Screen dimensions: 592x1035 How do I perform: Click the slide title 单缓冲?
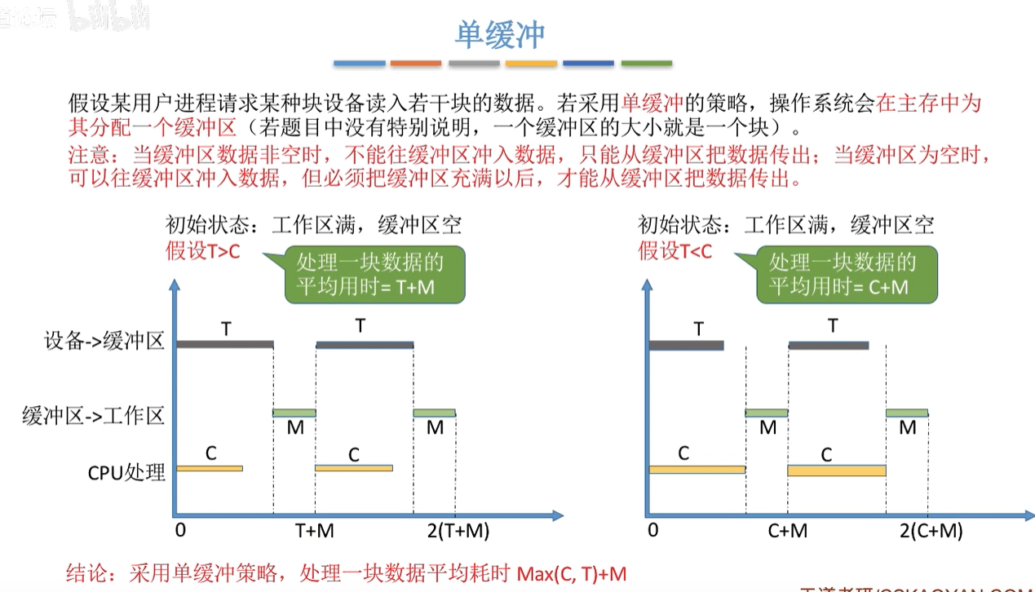[x=499, y=34]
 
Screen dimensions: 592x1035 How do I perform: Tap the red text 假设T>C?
[x=203, y=251]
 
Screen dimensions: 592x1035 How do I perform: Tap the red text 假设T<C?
[x=675, y=251]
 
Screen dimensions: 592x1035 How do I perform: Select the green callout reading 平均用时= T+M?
[x=374, y=274]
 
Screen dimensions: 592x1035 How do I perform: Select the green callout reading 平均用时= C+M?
[x=846, y=274]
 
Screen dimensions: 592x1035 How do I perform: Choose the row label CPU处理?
[x=126, y=472]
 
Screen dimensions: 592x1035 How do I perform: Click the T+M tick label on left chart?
[x=315, y=532]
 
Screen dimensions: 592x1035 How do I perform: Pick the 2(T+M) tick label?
[x=458, y=532]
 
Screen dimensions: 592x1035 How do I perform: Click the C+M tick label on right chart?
[x=787, y=532]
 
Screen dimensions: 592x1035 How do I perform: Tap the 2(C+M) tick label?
[x=931, y=532]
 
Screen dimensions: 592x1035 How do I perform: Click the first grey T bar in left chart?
[x=224, y=344]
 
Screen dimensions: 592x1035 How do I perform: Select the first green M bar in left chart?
[x=294, y=413]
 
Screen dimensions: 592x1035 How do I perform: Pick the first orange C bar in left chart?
[x=210, y=468]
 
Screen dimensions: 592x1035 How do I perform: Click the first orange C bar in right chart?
[x=697, y=469]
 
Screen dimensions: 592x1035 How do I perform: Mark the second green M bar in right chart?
[x=907, y=413]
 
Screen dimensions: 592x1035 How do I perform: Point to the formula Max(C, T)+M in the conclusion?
[x=572, y=573]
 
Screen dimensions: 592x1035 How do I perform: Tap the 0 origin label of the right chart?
[x=652, y=532]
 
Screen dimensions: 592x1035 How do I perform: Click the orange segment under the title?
[x=416, y=63]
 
